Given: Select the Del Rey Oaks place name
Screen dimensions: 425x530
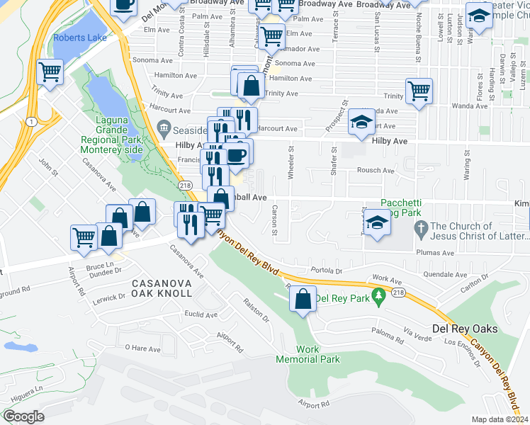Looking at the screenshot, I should (464, 329).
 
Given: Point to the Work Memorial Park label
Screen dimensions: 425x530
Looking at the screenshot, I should (318, 354).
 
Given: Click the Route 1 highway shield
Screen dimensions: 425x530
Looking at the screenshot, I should (30, 122).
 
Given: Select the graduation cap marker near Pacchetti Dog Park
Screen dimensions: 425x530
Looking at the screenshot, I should (378, 224).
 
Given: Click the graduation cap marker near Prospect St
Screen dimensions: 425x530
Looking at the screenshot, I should (361, 122).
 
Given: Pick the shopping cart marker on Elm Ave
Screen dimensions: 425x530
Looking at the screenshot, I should (272, 36).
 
